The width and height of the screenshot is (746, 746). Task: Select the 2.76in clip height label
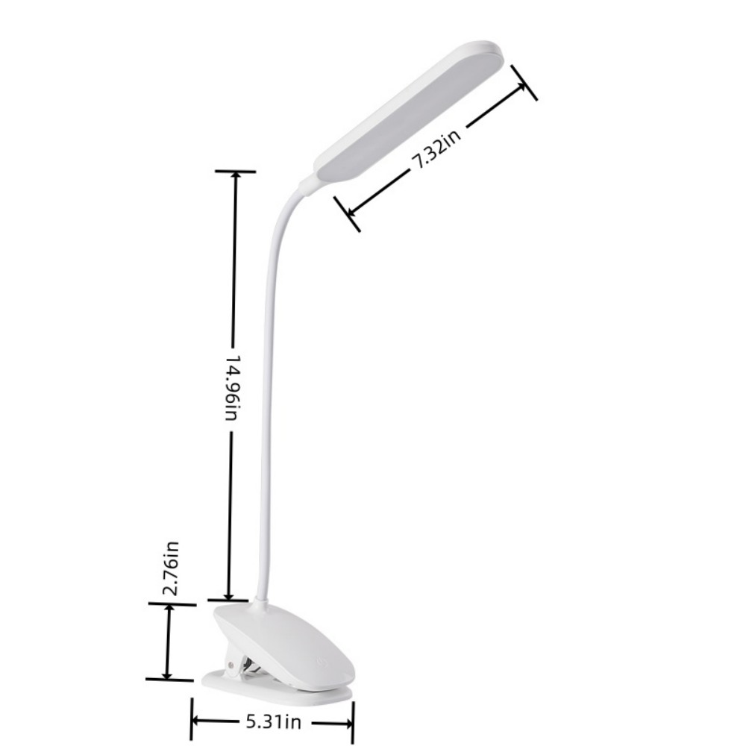point(172,568)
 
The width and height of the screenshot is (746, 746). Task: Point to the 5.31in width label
point(272,721)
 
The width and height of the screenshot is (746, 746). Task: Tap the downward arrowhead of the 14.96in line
point(230,592)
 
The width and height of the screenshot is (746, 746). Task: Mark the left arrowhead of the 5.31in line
point(198,721)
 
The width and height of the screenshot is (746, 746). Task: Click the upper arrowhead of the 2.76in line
point(172,610)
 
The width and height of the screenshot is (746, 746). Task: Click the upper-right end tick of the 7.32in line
point(524,82)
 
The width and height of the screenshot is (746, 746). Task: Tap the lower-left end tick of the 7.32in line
point(347,213)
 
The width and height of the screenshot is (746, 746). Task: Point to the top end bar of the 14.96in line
point(236,172)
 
